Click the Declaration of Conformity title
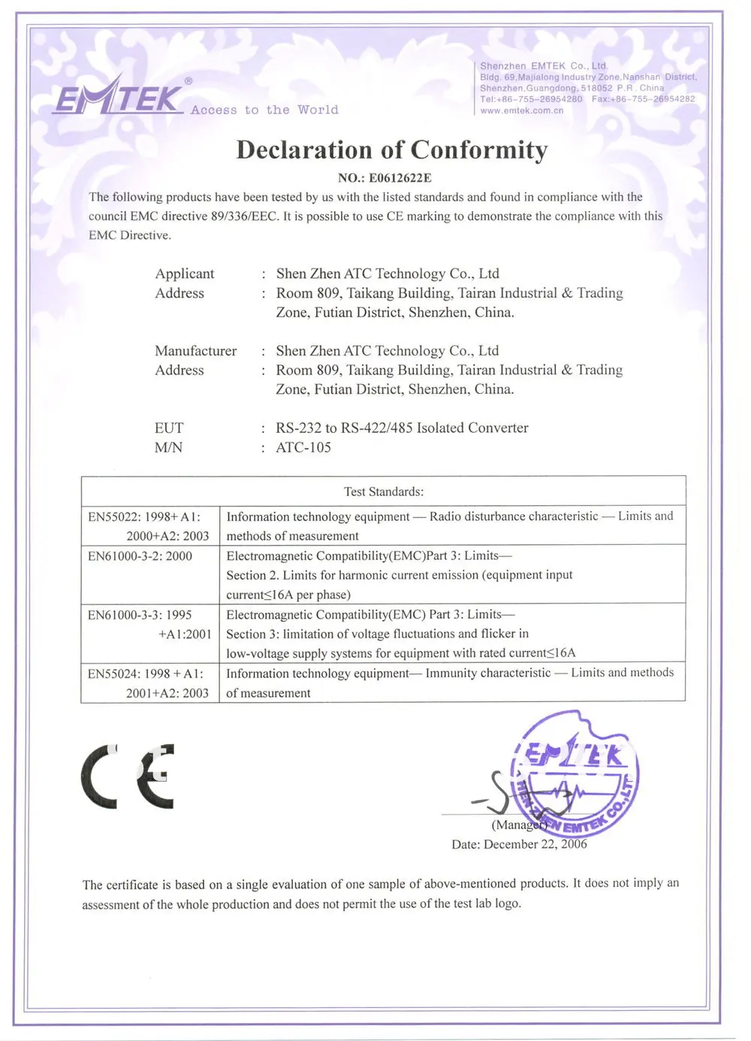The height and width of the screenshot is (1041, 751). [391, 150]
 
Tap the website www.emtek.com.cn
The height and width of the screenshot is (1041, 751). [522, 110]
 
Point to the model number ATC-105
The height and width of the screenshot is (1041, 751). [303, 447]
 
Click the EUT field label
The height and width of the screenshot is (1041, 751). [169, 428]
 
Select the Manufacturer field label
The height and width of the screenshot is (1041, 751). [195, 351]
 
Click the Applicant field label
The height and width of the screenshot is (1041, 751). [185, 274]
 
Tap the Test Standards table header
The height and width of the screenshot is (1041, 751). [384, 492]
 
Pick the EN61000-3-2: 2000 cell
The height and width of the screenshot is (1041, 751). [140, 556]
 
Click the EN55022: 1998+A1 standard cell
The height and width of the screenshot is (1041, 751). [149, 526]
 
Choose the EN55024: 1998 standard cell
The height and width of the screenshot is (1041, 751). [149, 683]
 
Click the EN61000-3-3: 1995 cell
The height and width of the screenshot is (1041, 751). [149, 624]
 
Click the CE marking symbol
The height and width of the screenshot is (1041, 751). [128, 776]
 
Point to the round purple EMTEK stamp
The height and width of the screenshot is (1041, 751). [575, 774]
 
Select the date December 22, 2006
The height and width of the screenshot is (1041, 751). [535, 844]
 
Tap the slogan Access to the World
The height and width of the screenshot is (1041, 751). [264, 110]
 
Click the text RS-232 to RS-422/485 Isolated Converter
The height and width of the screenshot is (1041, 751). [402, 428]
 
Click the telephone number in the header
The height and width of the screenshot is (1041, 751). [532, 99]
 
